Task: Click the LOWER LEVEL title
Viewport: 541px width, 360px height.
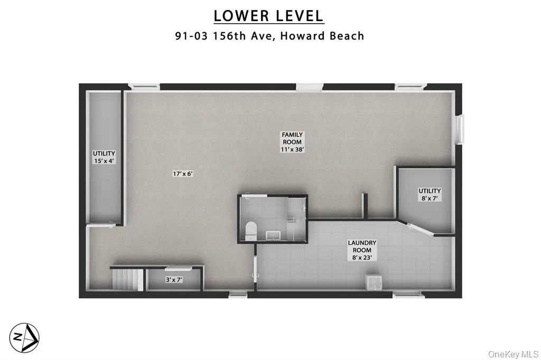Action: click(269, 15)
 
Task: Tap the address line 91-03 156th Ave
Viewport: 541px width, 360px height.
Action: click(269, 36)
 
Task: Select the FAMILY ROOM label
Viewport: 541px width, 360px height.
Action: click(292, 142)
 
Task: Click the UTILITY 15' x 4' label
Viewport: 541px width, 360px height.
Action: click(104, 157)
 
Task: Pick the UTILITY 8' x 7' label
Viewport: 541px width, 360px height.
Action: click(430, 194)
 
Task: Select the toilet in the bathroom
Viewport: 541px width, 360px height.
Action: click(251, 230)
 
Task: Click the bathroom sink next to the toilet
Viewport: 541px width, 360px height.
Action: click(273, 234)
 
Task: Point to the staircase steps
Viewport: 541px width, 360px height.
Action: click(126, 279)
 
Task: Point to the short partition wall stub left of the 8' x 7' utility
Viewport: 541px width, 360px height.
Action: click(364, 205)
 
